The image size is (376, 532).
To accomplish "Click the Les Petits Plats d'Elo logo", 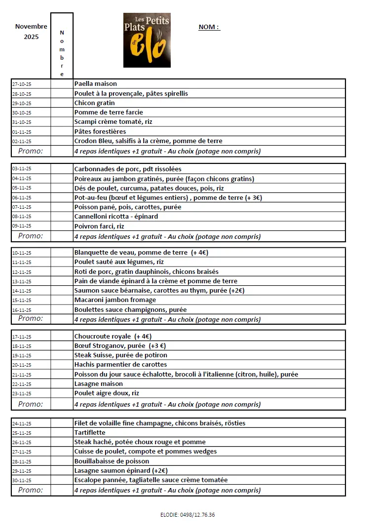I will point(147,40).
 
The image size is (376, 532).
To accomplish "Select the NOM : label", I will point(209,27).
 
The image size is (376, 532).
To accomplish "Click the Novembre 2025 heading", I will point(31,32).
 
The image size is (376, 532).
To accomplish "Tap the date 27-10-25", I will point(22,84).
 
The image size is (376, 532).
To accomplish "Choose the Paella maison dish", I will point(96,84).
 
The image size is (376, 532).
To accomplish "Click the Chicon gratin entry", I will point(94,103).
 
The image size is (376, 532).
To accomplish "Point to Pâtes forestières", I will point(100,132).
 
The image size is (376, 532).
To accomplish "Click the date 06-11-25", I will point(22,198).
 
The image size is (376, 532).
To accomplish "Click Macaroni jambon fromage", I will point(115,300).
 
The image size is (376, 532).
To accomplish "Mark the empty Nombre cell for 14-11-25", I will point(62,291).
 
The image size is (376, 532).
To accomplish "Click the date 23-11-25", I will point(22,394).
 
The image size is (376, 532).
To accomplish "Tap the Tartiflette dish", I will point(90,433).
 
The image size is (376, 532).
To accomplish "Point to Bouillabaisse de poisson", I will point(112,461).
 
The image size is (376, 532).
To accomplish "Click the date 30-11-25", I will point(22,480).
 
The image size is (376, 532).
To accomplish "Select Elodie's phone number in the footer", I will point(188,515).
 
